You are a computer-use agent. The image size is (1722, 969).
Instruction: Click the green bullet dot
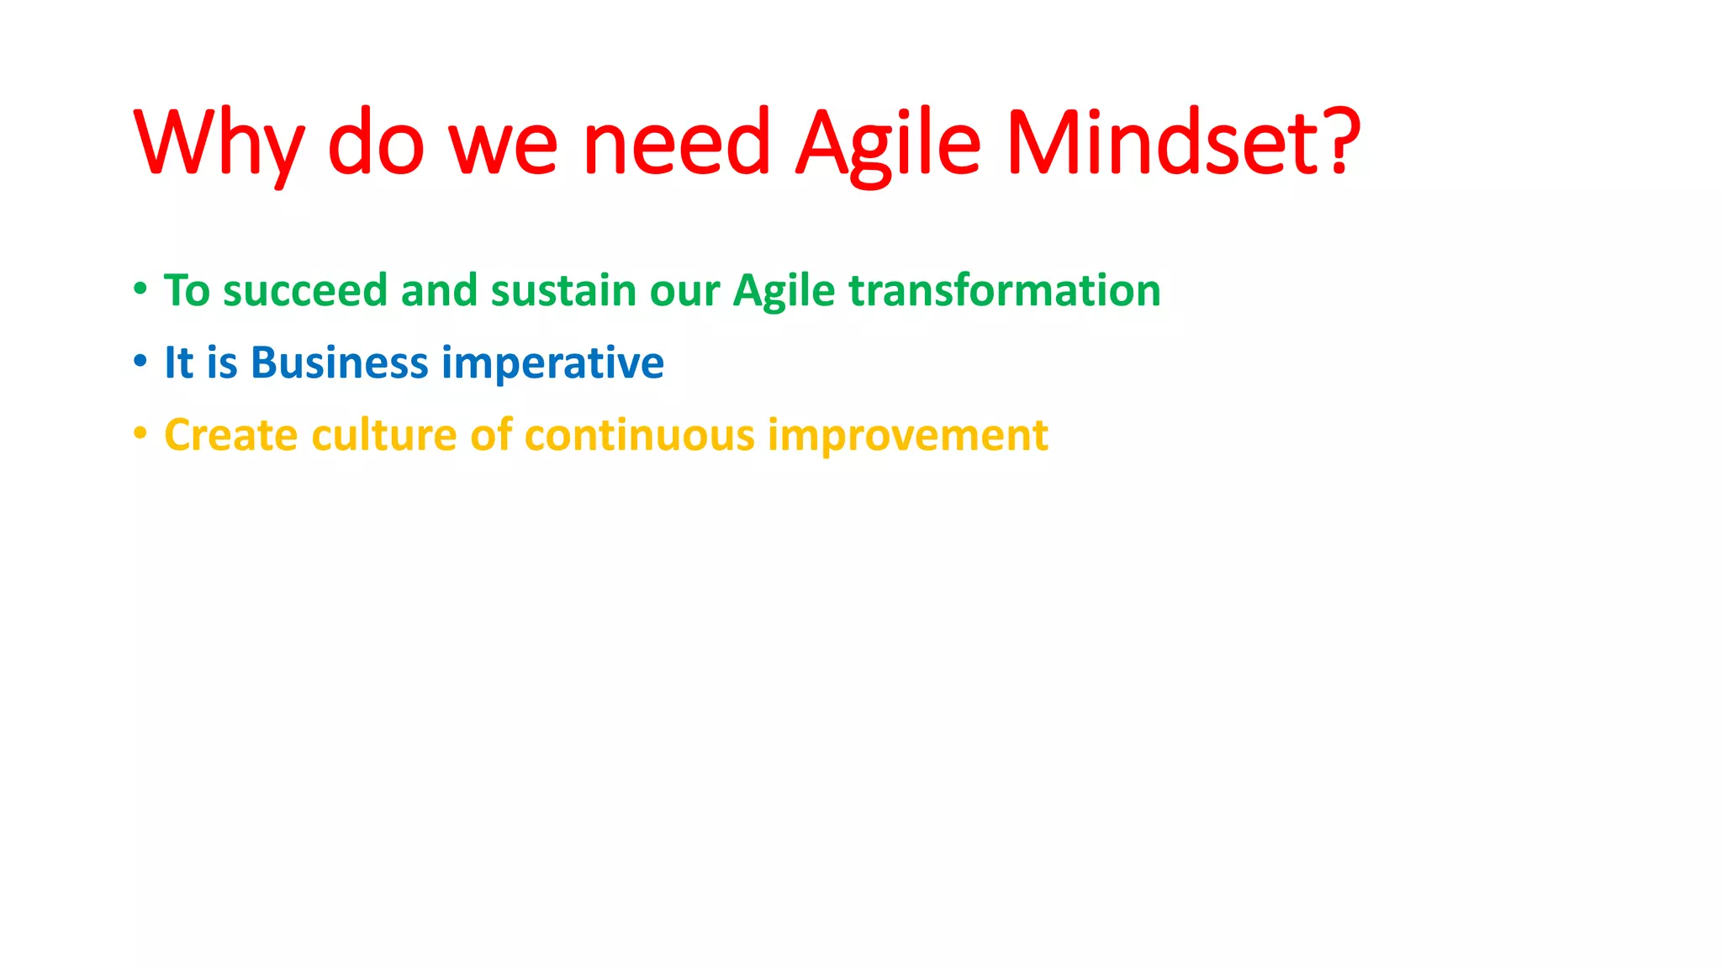tap(140, 289)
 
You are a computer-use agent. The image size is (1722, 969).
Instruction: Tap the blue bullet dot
tap(140, 362)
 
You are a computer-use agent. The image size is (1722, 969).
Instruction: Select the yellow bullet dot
tap(140, 434)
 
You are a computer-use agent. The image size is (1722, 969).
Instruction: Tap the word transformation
tap(1005, 291)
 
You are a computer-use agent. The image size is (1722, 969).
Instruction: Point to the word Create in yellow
tap(230, 436)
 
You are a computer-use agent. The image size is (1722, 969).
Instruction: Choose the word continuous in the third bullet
tap(639, 436)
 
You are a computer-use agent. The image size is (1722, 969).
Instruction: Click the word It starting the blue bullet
tap(178, 363)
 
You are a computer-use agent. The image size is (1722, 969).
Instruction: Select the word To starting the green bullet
tap(187, 291)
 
